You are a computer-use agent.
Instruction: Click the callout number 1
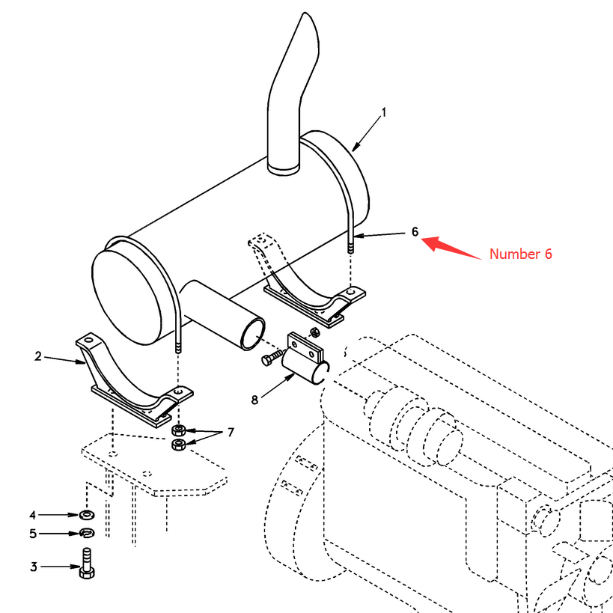pos(384,112)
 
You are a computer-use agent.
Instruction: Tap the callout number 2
pos(38,356)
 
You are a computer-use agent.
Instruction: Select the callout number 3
pos(34,567)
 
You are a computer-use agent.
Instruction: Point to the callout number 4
pos(33,515)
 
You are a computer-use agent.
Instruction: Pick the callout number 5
pos(33,534)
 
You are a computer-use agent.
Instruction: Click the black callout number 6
pos(415,232)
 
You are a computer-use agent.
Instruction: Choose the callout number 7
pos(231,433)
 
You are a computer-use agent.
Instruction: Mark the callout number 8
pos(254,400)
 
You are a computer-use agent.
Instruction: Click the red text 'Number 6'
pos(521,254)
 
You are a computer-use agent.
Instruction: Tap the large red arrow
pos(451,247)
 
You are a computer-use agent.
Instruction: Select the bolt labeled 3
pos(87,564)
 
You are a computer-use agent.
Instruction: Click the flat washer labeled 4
pos(86,515)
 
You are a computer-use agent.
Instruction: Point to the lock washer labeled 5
pos(86,533)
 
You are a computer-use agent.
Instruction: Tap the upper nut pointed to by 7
pos(179,431)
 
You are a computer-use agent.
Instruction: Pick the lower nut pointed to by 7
pos(179,445)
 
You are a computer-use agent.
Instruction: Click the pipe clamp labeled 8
pos(305,359)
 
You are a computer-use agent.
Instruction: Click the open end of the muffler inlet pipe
pos(253,334)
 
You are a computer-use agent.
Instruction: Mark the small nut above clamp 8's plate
pos(314,332)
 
